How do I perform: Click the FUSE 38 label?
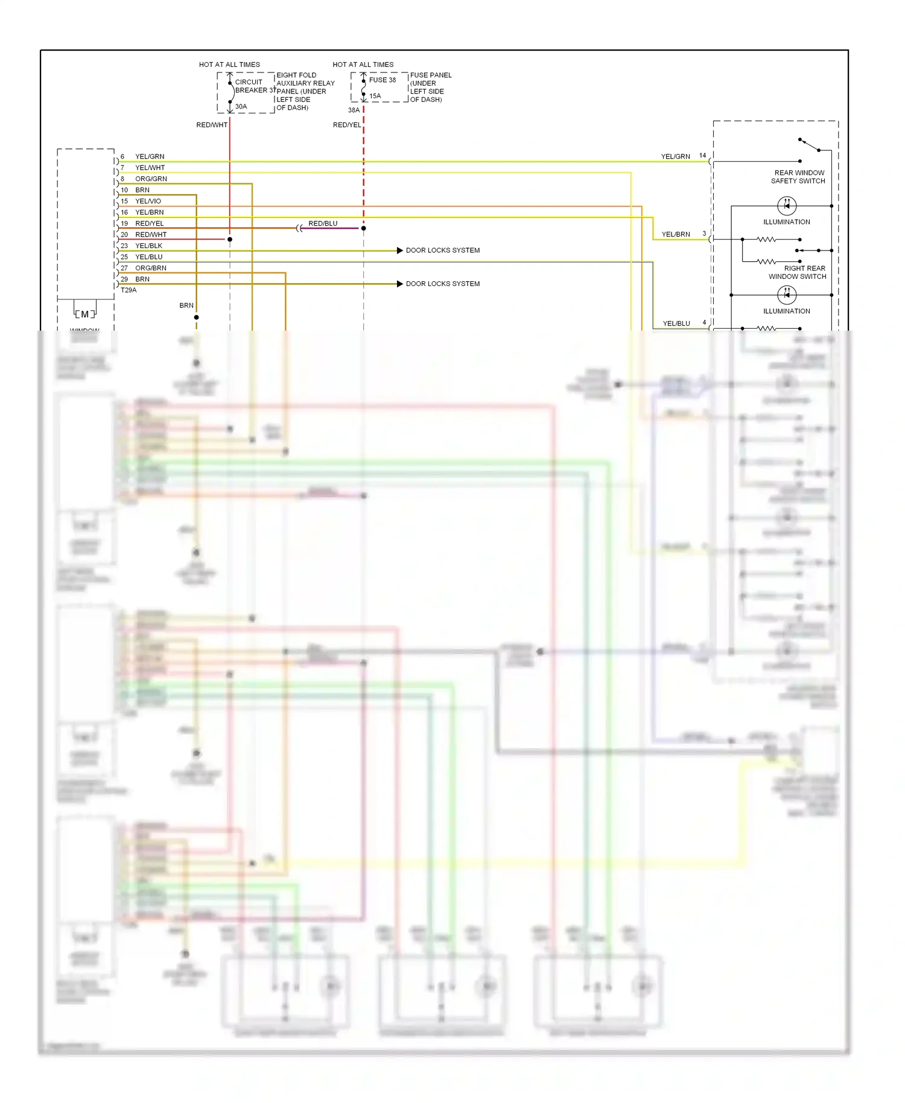(383, 80)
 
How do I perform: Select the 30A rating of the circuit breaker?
(241, 107)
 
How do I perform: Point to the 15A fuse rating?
(375, 96)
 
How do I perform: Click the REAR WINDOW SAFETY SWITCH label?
(798, 177)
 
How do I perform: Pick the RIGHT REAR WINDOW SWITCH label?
(798, 272)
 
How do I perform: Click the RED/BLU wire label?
(323, 223)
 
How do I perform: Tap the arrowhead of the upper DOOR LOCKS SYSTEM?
(399, 250)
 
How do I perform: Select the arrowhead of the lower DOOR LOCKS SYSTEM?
(399, 284)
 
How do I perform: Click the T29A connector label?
(129, 290)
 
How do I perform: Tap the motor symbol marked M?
(85, 314)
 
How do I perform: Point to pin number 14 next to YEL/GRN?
(702, 156)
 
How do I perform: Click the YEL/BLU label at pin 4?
(676, 323)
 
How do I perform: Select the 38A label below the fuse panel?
(354, 110)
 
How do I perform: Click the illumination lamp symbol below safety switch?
(787, 206)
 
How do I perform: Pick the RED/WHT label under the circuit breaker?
(211, 125)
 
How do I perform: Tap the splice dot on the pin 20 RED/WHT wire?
(230, 240)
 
